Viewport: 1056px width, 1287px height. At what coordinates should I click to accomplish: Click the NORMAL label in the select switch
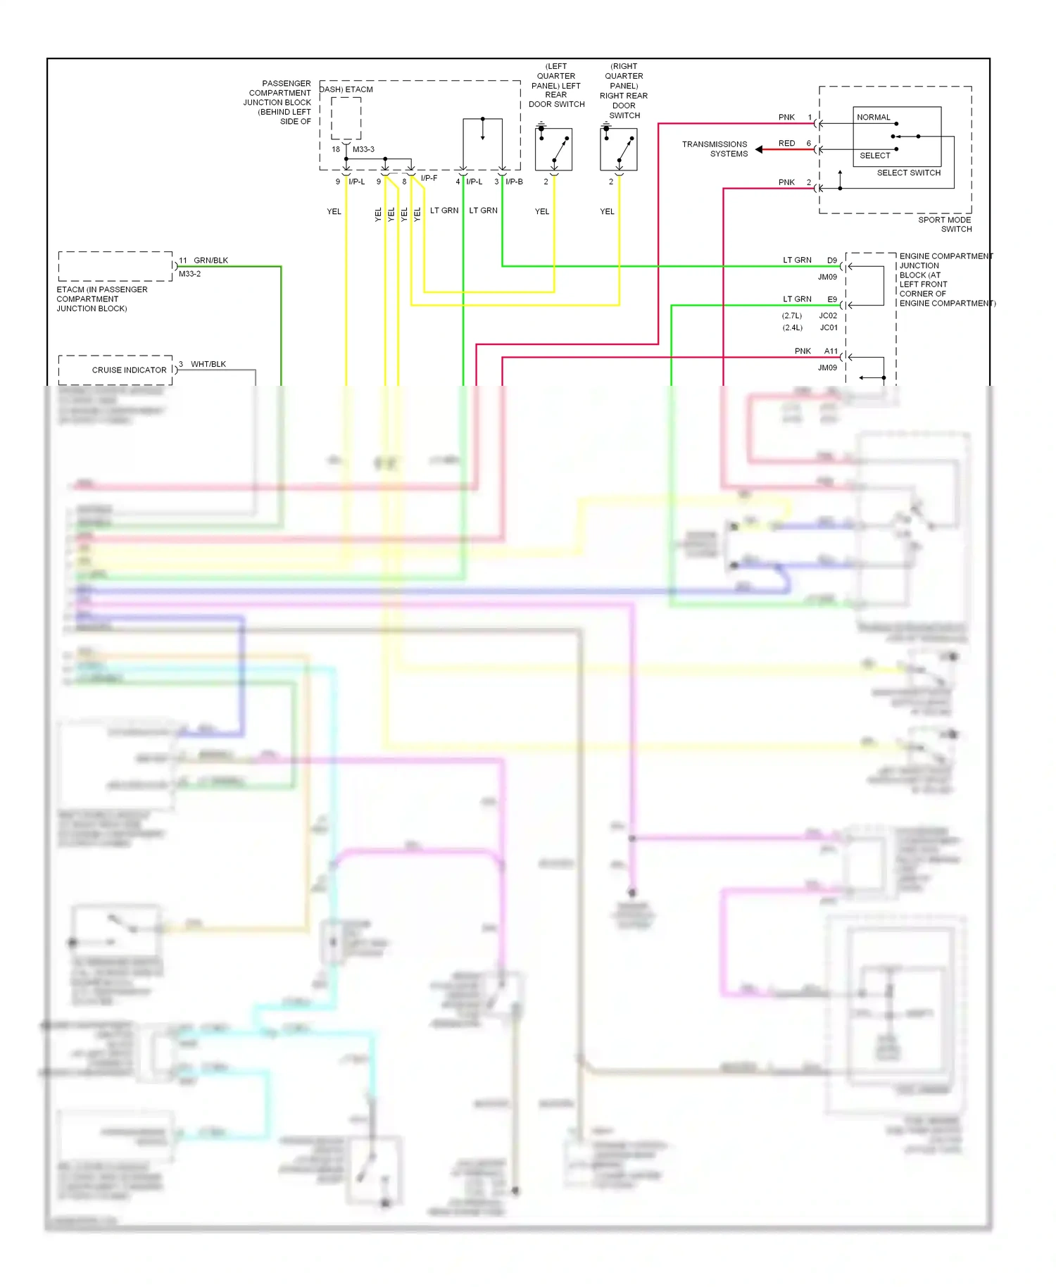click(873, 118)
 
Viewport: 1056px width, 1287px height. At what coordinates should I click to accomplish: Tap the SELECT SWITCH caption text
click(908, 173)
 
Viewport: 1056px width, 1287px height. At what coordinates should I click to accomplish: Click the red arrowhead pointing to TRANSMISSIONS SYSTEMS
click(759, 149)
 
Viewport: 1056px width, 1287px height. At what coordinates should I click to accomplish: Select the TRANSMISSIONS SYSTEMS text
click(715, 149)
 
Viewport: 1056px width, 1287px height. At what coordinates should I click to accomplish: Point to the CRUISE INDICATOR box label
click(129, 370)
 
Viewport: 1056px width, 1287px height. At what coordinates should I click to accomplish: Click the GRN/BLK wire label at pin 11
click(210, 260)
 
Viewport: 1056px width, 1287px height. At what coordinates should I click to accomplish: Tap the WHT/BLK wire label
click(208, 365)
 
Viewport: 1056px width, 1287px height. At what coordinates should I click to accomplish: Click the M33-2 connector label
click(189, 274)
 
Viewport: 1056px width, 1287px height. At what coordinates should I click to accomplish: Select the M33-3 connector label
click(363, 150)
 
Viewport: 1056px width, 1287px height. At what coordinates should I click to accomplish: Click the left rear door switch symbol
click(553, 149)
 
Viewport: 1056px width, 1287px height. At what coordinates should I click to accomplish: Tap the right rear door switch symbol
click(619, 149)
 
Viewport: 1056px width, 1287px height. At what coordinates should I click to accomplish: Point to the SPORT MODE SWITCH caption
click(945, 225)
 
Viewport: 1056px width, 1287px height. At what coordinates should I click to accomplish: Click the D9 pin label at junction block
click(832, 260)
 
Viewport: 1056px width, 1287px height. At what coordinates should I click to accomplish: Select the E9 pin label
click(832, 300)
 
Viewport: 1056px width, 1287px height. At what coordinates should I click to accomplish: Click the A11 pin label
click(831, 351)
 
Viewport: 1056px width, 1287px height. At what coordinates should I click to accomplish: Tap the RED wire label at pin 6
click(786, 144)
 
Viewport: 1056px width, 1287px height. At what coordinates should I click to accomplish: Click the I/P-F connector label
click(429, 179)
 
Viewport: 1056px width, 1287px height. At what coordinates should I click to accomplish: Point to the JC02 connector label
click(828, 316)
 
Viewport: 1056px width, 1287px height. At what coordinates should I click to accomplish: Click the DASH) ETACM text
click(346, 90)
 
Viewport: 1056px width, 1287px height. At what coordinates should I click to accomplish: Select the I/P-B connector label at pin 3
click(514, 182)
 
